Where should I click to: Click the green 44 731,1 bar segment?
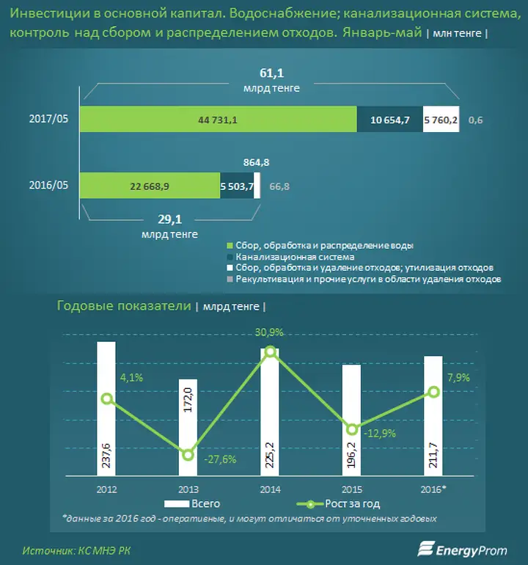219,120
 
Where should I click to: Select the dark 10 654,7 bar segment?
389,120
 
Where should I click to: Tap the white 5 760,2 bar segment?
441,120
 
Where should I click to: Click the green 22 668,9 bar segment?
150,186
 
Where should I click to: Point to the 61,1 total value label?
271,73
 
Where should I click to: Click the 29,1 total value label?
169,219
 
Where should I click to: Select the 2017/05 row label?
48,119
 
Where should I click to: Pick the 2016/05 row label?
48,185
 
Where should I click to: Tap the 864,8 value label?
256,162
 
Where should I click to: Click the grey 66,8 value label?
279,186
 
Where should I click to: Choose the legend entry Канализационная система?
290,257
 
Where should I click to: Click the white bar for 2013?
188,428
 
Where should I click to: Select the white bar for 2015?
351,420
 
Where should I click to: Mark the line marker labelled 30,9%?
271,351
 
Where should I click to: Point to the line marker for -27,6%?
188,455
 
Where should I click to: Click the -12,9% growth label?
380,434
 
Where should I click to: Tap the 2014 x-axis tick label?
270,489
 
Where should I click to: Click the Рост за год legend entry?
338,504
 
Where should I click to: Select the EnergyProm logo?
462,550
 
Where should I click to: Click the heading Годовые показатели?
124,305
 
